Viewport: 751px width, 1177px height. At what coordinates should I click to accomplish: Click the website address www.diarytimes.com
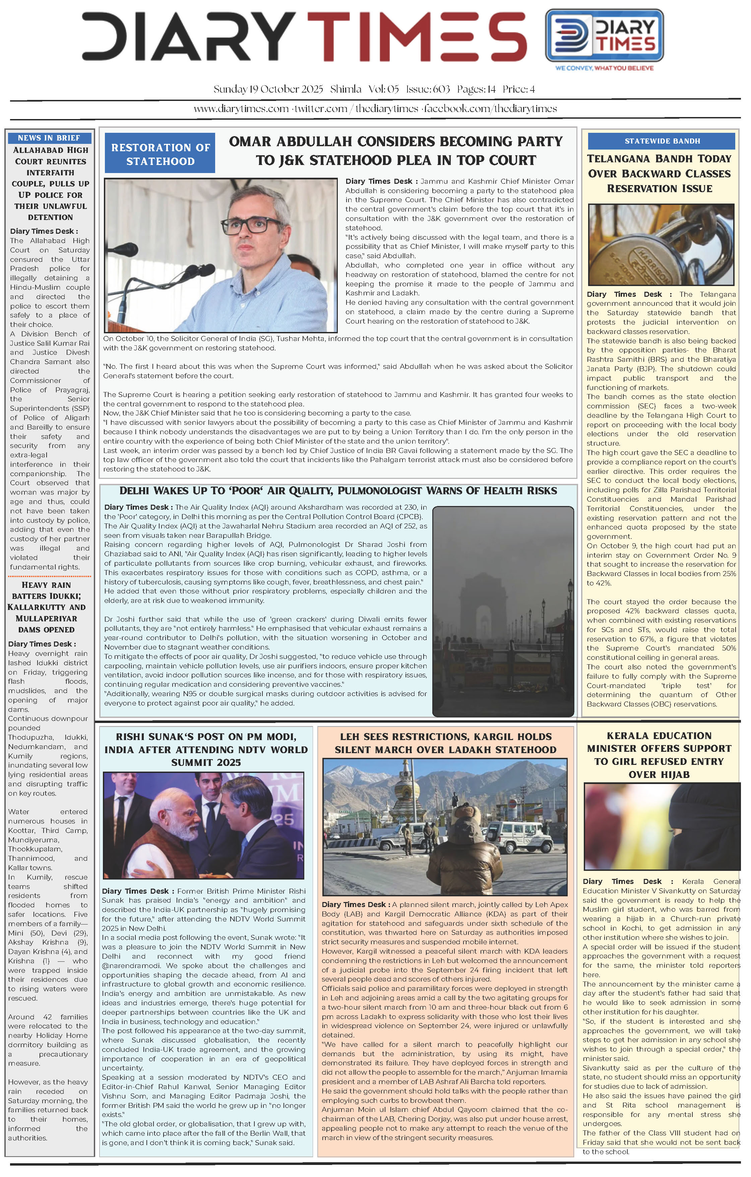point(241,109)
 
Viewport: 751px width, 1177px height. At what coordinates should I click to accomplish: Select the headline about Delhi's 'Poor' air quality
point(338,491)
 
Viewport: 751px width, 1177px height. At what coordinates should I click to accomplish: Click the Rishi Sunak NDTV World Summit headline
point(206,749)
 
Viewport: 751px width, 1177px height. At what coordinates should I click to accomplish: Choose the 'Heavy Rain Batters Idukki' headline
point(47,607)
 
